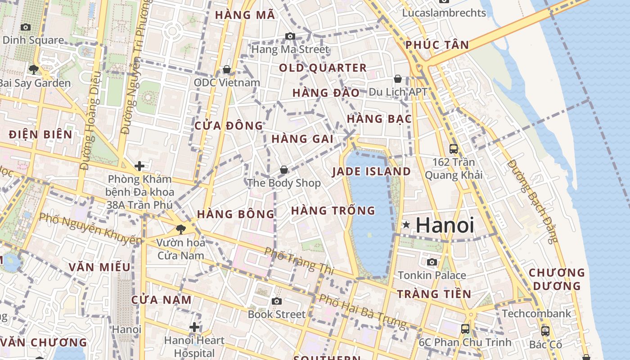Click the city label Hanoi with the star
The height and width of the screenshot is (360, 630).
(x=445, y=225)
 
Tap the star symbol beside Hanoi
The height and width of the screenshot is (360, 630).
(x=406, y=225)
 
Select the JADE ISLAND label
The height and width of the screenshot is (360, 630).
(x=371, y=171)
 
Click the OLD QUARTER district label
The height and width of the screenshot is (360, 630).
(x=323, y=68)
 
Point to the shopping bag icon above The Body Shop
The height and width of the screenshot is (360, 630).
(x=284, y=170)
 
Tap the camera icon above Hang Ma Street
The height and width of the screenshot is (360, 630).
(x=290, y=36)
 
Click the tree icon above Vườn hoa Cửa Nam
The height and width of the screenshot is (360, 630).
(x=181, y=229)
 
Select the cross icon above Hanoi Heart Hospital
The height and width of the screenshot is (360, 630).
(x=194, y=327)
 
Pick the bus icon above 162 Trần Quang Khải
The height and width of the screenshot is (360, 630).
(x=454, y=148)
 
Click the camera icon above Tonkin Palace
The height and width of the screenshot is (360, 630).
(x=432, y=262)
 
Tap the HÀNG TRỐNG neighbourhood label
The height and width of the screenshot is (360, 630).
(x=333, y=210)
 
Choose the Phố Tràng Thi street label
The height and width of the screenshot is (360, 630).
(x=299, y=261)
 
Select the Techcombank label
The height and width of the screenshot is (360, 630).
(x=536, y=313)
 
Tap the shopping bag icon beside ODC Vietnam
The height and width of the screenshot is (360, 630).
(x=227, y=69)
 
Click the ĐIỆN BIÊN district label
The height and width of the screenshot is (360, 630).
(x=40, y=134)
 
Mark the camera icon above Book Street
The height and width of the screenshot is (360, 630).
(x=277, y=301)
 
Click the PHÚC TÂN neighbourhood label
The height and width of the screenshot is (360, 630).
(x=437, y=45)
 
